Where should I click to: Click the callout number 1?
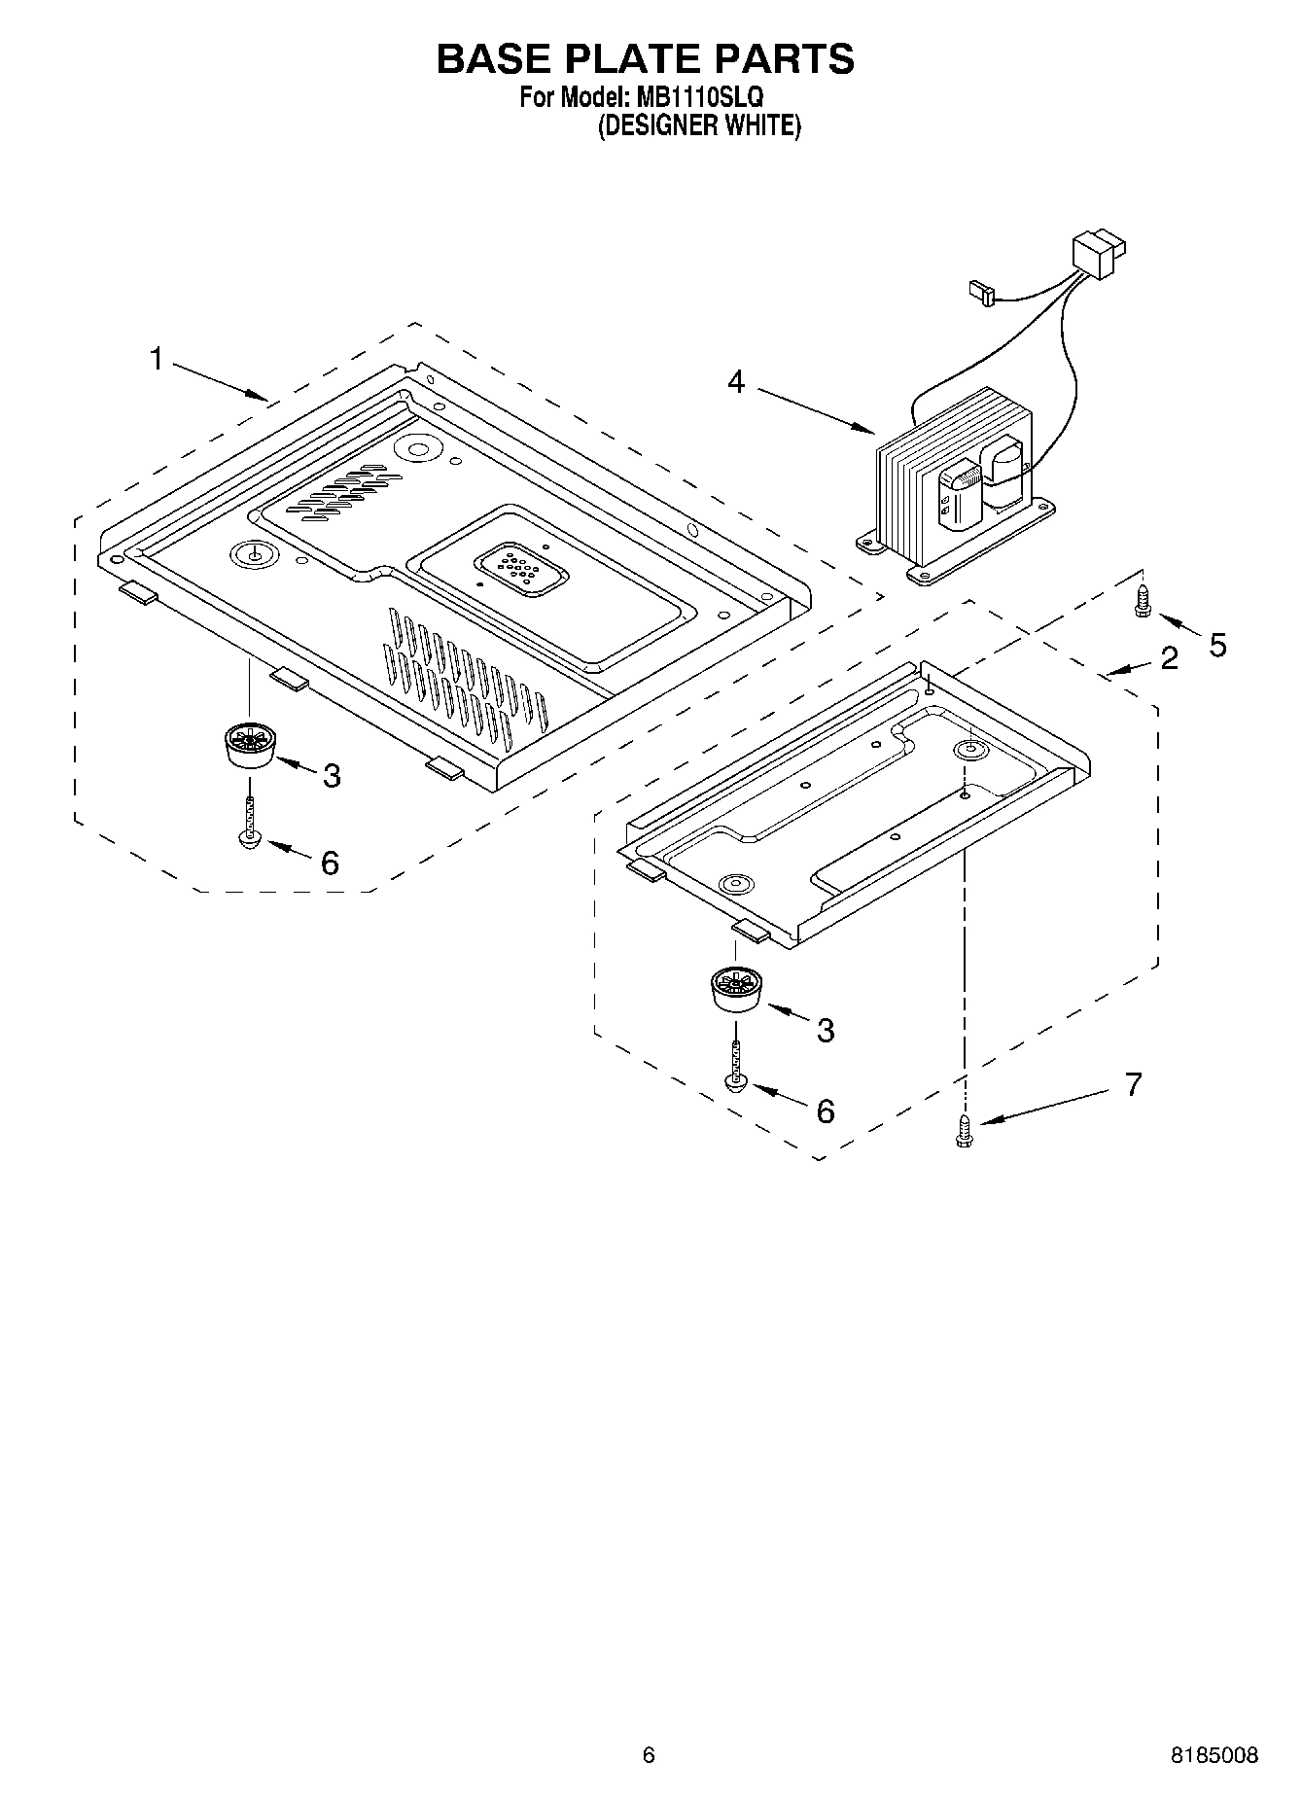pyautogui.click(x=156, y=359)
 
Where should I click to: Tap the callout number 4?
pyautogui.click(x=736, y=382)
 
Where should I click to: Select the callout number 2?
pyautogui.click(x=1169, y=658)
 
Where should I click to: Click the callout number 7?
pyautogui.click(x=1133, y=1083)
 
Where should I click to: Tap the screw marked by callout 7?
pyautogui.click(x=966, y=1132)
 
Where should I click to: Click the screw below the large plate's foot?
pyautogui.click(x=251, y=819)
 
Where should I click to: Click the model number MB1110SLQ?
pyautogui.click(x=700, y=98)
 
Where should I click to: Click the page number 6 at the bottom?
pyautogui.click(x=649, y=1755)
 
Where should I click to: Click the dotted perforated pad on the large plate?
pyautogui.click(x=520, y=571)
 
